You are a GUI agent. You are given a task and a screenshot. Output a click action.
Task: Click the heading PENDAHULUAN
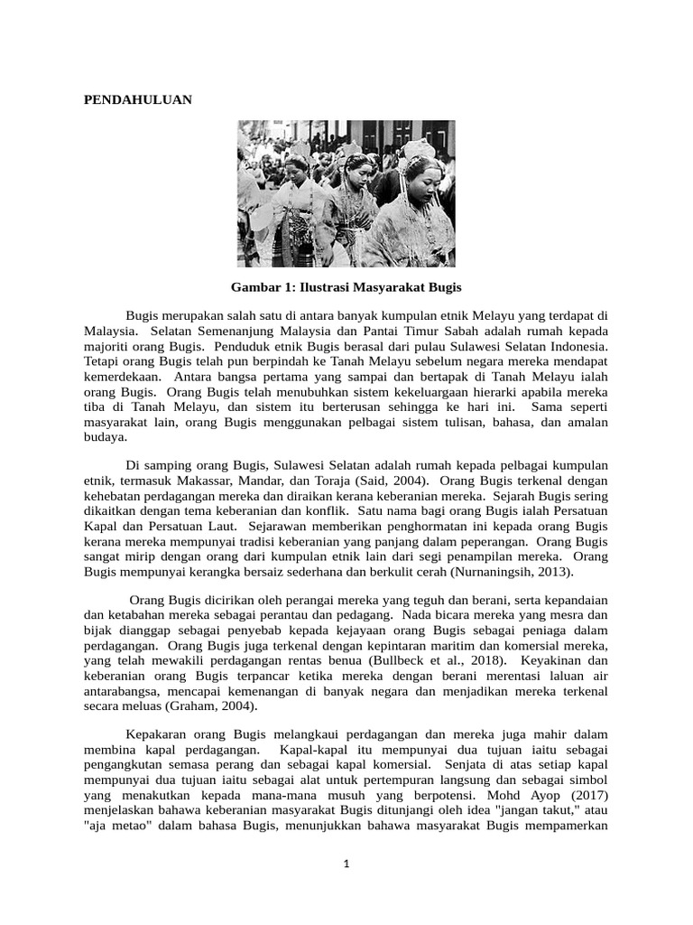(138, 100)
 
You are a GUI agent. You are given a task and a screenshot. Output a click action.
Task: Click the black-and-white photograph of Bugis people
(346, 193)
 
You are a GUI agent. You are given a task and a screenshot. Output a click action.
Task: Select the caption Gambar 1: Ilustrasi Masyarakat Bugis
(346, 287)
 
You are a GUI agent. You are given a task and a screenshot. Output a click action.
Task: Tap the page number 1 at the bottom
(346, 864)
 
